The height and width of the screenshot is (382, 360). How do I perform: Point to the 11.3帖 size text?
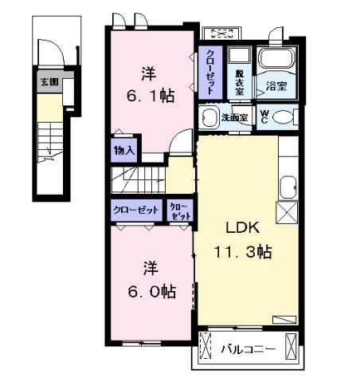[242, 252]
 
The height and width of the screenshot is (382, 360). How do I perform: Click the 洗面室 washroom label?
[234, 117]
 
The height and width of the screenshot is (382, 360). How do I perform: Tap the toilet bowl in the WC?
[285, 117]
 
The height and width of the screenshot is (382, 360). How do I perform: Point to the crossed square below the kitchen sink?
[285, 212]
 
